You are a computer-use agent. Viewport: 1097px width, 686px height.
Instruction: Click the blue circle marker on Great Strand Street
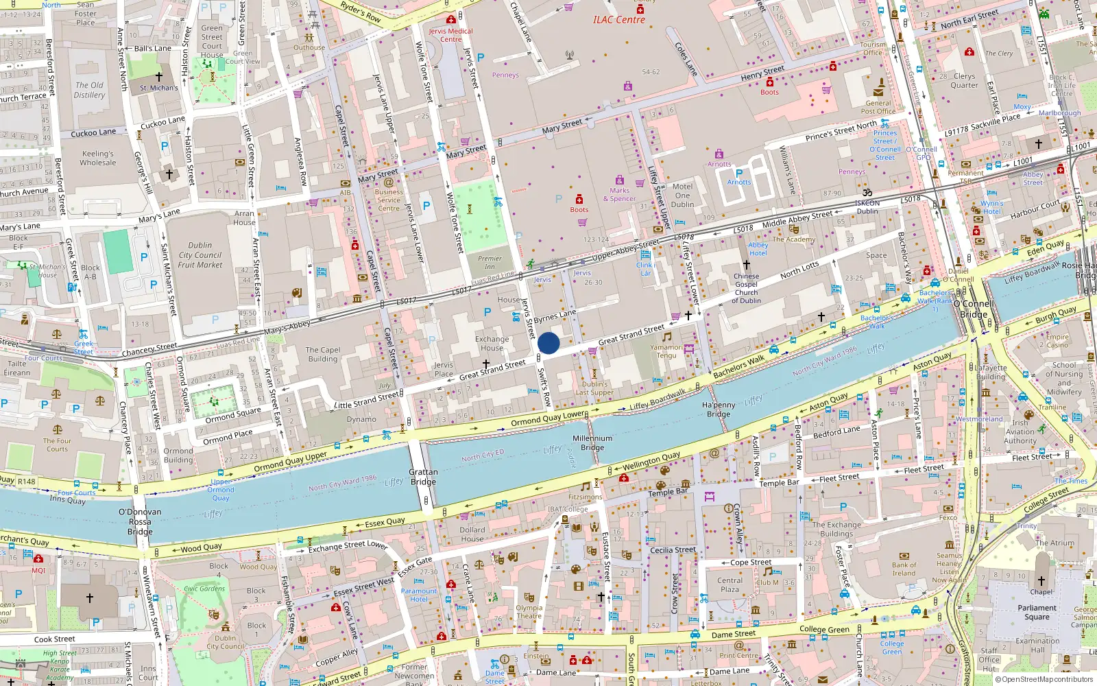pyautogui.click(x=548, y=343)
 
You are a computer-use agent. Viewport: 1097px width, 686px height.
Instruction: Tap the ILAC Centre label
pyautogui.click(x=618, y=20)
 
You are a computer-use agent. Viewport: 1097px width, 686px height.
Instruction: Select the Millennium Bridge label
pyautogui.click(x=592, y=442)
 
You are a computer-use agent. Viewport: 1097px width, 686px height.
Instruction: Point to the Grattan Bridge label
pyautogui.click(x=423, y=477)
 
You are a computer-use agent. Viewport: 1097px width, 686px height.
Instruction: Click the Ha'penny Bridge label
pyautogui.click(x=719, y=410)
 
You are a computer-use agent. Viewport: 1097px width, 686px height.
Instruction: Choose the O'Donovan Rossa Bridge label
pyautogui.click(x=140, y=521)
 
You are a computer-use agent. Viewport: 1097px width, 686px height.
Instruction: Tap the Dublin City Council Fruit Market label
pyautogui.click(x=200, y=255)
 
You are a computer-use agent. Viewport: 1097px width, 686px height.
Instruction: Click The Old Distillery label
pyautogui.click(x=89, y=91)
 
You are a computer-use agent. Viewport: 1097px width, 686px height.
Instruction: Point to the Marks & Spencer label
pyautogui.click(x=619, y=195)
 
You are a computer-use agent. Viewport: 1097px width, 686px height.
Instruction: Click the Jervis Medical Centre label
pyautogui.click(x=450, y=35)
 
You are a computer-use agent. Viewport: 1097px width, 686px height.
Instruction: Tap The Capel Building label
pyautogui.click(x=323, y=354)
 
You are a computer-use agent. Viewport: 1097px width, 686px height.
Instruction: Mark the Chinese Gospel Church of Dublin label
pyautogui.click(x=746, y=288)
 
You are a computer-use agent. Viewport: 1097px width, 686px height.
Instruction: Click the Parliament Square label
pyautogui.click(x=1037, y=612)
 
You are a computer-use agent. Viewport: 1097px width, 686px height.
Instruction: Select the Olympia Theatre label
pyautogui.click(x=529, y=611)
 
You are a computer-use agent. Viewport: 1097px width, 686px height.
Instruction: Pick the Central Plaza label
pyautogui.click(x=730, y=584)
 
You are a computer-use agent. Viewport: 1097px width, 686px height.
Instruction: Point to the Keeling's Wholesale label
pyautogui.click(x=98, y=158)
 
